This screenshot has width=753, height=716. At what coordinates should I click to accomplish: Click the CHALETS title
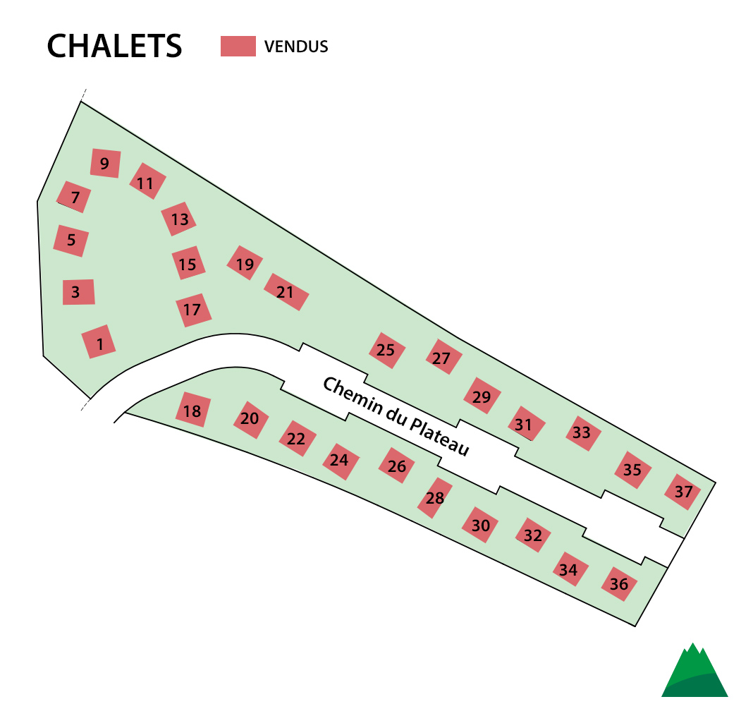pos(114,46)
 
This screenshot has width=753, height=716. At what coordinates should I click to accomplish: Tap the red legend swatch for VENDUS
pos(238,46)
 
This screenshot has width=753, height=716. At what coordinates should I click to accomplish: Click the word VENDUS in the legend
pos(296,47)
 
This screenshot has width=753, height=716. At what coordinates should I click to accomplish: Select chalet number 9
pos(105,164)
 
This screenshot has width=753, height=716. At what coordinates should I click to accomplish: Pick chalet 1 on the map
pos(99,341)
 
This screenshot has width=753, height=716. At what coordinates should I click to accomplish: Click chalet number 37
pos(683,492)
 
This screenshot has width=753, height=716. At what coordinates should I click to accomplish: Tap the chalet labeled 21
pos(286,291)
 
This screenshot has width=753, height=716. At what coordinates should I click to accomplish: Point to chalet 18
pos(193,410)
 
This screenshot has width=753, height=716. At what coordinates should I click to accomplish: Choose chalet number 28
pos(435,498)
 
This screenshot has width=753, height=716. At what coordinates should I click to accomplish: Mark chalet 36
pos(620,584)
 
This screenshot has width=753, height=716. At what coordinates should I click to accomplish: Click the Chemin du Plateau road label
pos(396,416)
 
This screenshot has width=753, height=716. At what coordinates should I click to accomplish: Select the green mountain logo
pos(694,670)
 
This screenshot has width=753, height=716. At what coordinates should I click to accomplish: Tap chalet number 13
pos(178,219)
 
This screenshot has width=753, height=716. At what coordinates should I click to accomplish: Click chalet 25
pos(387,351)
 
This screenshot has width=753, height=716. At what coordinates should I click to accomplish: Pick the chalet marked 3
pos(79,291)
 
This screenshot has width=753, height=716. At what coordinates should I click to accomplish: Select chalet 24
pos(341,461)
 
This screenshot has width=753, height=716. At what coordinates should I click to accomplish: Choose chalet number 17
pos(193,310)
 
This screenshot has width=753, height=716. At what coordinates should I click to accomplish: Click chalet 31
pos(527,423)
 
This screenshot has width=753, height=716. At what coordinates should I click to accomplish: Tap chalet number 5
pos(71,241)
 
